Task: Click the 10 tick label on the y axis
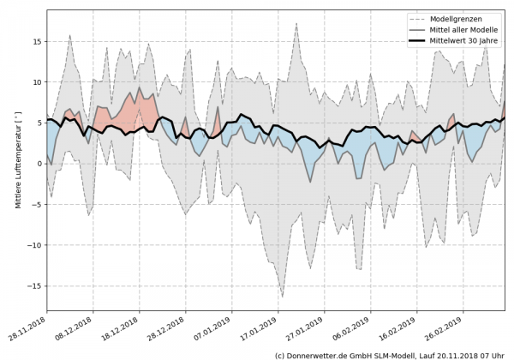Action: click(x=38, y=81)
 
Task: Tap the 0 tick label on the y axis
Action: click(x=39, y=163)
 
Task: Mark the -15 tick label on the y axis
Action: click(x=36, y=285)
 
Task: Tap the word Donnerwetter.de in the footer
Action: click(x=318, y=354)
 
